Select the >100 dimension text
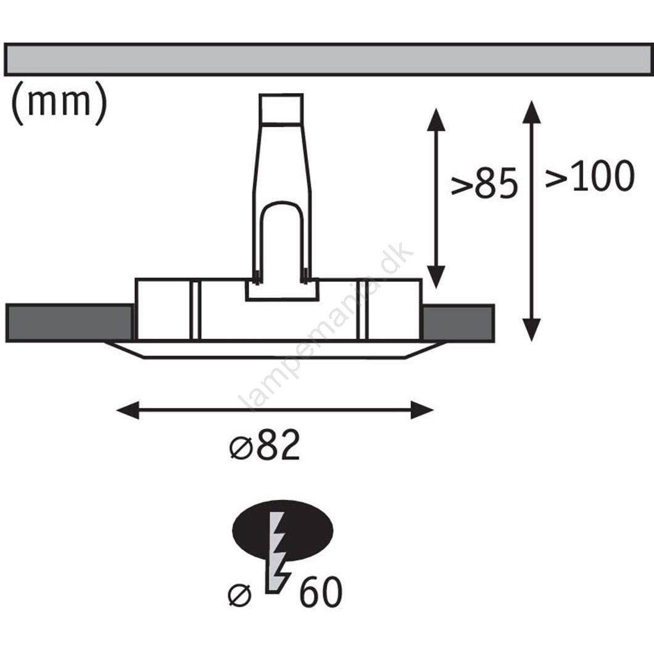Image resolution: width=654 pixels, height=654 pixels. point(589,177)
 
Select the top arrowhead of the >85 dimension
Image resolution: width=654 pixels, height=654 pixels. point(436,118)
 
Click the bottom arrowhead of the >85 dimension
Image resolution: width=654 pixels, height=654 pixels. point(436,277)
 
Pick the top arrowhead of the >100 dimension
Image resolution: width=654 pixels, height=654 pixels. point(531,111)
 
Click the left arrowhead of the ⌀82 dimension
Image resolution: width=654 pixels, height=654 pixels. point(127,410)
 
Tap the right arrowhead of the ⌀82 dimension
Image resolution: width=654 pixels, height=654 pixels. point(422,410)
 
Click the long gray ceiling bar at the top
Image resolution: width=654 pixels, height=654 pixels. point(327,60)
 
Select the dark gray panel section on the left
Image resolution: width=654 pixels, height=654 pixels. point(69,323)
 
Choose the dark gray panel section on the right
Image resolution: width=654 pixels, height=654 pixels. point(458,323)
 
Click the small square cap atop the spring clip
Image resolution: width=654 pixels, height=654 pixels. point(281,109)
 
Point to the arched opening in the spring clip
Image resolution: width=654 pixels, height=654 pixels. point(281,241)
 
